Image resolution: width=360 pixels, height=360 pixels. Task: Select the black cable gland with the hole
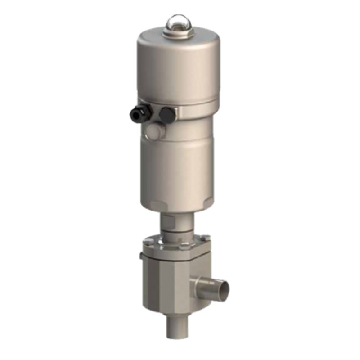(x=138, y=112)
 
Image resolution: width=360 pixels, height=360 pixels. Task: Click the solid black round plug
(x=167, y=114)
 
